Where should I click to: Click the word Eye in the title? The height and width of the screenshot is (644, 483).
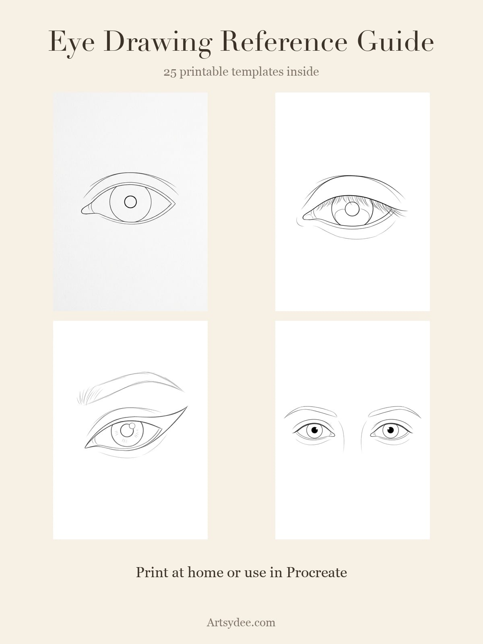click(72, 42)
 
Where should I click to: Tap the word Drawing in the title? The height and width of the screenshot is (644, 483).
click(157, 43)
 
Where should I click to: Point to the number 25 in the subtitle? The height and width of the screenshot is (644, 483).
click(170, 72)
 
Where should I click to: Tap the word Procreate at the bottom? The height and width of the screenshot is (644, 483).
click(316, 572)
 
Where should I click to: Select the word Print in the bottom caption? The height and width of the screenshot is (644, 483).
click(152, 572)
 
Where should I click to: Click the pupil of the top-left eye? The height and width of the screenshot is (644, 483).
click(130, 202)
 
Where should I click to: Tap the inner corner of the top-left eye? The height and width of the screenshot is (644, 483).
click(82, 210)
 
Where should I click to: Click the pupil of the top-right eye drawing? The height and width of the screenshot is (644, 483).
click(352, 209)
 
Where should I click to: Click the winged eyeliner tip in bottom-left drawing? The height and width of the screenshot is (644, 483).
click(187, 407)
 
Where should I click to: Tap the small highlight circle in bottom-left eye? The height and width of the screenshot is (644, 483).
click(132, 426)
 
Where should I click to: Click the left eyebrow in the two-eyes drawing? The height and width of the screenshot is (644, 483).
click(310, 411)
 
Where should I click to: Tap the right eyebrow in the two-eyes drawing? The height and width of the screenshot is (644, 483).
click(395, 411)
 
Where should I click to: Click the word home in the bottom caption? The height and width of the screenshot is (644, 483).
click(205, 572)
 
